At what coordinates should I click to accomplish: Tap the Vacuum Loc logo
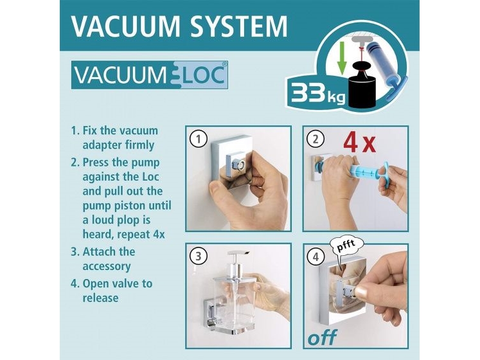click(x=150, y=76)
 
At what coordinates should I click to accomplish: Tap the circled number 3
click(x=199, y=256)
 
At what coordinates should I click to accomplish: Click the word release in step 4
click(x=101, y=298)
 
